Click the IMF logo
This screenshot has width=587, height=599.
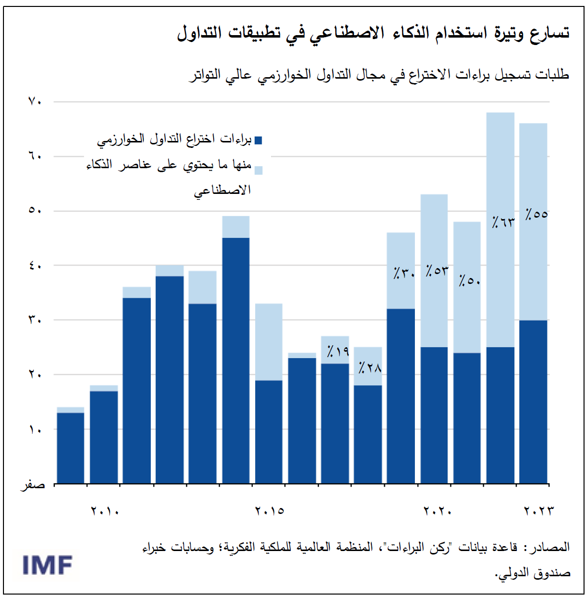click(47, 565)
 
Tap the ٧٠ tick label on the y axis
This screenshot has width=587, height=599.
click(35, 101)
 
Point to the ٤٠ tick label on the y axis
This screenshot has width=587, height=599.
click(35, 266)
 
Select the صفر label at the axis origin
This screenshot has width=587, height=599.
click(33, 485)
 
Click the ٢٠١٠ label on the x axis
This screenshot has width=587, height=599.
click(105, 510)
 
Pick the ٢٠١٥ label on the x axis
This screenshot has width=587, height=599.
click(270, 510)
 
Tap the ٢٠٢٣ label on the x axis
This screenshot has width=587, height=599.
click(539, 510)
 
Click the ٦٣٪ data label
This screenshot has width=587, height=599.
click(503, 222)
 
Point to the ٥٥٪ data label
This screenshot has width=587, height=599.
click(536, 214)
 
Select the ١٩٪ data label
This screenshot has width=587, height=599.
click(338, 351)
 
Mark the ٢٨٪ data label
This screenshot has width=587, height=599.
click(370, 368)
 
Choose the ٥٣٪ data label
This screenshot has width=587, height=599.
click(437, 271)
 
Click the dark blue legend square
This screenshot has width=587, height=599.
click(258, 140)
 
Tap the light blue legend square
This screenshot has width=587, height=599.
click(258, 170)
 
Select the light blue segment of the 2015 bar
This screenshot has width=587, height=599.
click(269, 342)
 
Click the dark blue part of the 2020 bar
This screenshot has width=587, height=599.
click(434, 415)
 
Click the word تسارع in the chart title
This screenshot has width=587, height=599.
click(550, 34)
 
